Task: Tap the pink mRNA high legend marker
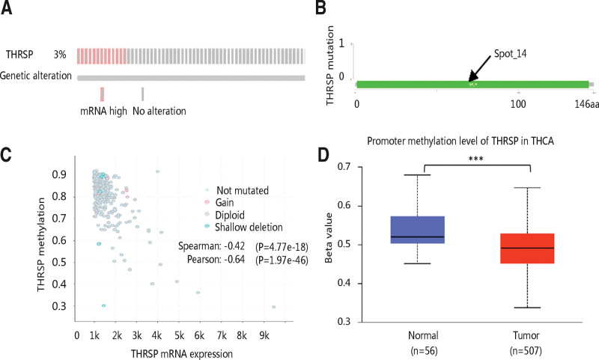(102, 93)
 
